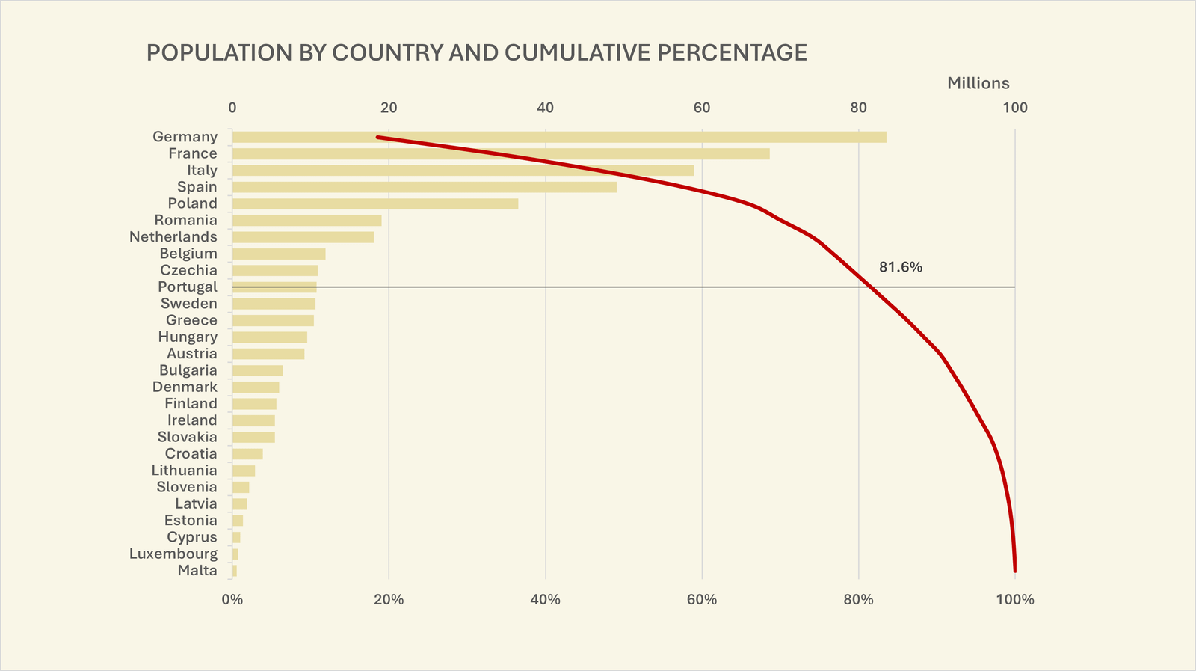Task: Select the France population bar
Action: coord(500,153)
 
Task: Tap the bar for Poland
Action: coord(374,203)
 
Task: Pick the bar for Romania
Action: coord(306,220)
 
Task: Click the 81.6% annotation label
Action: coord(900,267)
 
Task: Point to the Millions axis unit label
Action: coord(978,83)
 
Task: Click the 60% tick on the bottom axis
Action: coord(701,599)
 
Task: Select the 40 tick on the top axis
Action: coord(545,108)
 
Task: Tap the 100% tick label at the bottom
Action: coord(1014,599)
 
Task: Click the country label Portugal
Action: coord(188,287)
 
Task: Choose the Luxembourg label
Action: coord(173,554)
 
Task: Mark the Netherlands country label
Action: coord(173,236)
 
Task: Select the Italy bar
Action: coord(463,170)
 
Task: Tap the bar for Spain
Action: coord(424,187)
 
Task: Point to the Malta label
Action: coord(197,570)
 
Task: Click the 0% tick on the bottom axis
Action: coord(232,599)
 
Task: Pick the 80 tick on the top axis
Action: coord(858,108)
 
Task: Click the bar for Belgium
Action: coord(278,254)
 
